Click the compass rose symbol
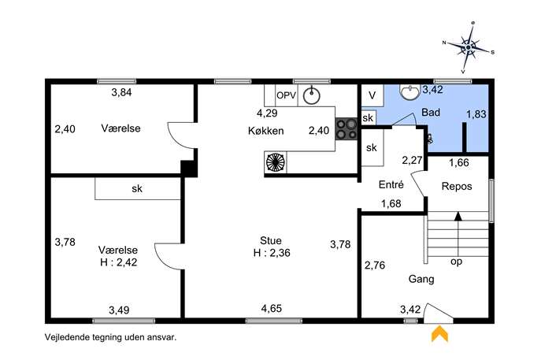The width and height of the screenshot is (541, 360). [x=469, y=47]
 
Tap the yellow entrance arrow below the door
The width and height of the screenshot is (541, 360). [x=439, y=335]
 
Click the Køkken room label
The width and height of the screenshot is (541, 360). [x=265, y=131]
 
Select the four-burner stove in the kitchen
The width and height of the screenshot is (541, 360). [x=346, y=128]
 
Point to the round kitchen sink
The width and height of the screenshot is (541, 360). [x=312, y=95]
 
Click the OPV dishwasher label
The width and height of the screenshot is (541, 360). [x=287, y=95]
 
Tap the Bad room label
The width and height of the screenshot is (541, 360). [x=431, y=112]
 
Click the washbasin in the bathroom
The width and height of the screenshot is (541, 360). [x=409, y=92]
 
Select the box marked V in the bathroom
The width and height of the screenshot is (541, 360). [x=372, y=95]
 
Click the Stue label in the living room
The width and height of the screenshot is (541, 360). [x=271, y=240]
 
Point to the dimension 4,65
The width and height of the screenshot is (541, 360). [x=272, y=308]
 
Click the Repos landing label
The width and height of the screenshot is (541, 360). [x=457, y=187]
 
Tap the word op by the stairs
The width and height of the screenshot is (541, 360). [x=456, y=262]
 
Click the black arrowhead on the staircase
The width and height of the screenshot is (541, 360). [x=458, y=216]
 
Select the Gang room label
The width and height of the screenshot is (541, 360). [x=421, y=279]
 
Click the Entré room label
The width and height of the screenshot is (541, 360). [x=391, y=184]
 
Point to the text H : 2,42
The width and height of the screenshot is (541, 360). [x=118, y=262]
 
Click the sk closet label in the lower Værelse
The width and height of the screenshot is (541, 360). [x=137, y=188]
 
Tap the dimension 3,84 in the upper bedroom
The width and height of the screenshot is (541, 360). [x=121, y=92]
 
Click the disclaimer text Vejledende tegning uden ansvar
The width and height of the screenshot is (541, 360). [x=110, y=337]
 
